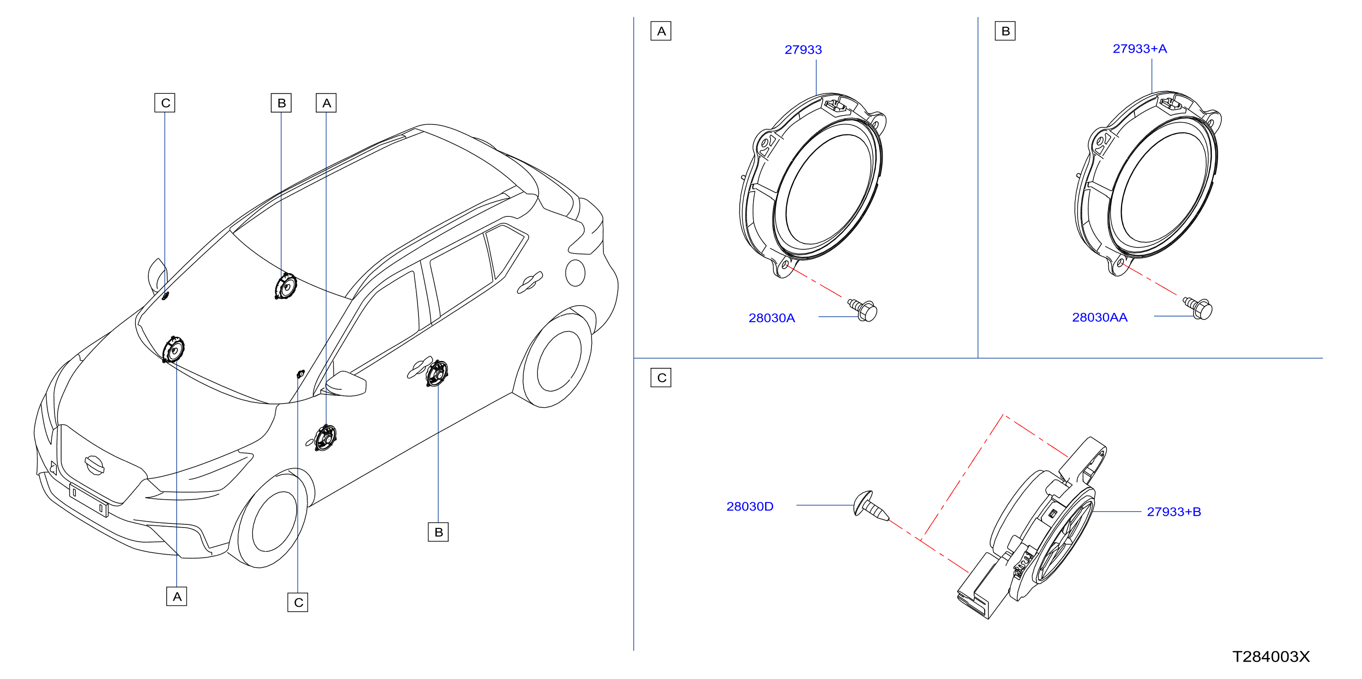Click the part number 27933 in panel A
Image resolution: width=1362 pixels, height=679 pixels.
tap(803, 50)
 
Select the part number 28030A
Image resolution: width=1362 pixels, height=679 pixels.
tap(771, 318)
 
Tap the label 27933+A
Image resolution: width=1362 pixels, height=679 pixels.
tap(1140, 48)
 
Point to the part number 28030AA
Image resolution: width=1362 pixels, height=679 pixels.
tap(1099, 318)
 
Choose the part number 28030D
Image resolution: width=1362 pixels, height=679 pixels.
tap(750, 507)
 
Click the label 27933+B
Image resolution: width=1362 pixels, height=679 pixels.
tap(1174, 512)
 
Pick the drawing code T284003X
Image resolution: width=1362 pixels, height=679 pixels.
tap(1271, 657)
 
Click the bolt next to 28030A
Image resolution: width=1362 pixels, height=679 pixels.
tap(863, 310)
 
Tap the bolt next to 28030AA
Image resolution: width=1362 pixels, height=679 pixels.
tap(1198, 308)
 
